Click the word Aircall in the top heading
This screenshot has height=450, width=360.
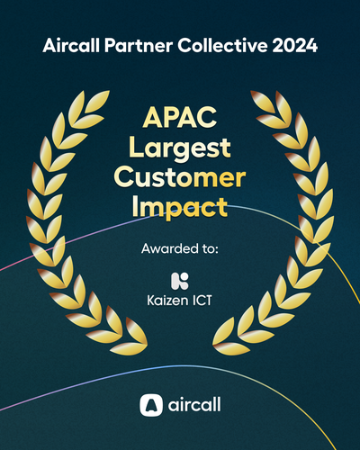click(x=68, y=45)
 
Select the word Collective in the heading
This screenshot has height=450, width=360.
click(x=212, y=45)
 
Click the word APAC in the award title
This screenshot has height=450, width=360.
click(x=180, y=119)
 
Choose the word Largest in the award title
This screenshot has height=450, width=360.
click(x=180, y=148)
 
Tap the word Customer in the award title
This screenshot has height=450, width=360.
click(x=180, y=176)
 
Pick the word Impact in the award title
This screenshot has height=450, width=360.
click(x=180, y=207)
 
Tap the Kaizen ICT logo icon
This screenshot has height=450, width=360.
click(x=180, y=282)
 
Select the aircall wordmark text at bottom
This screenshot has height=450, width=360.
click(x=194, y=405)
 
